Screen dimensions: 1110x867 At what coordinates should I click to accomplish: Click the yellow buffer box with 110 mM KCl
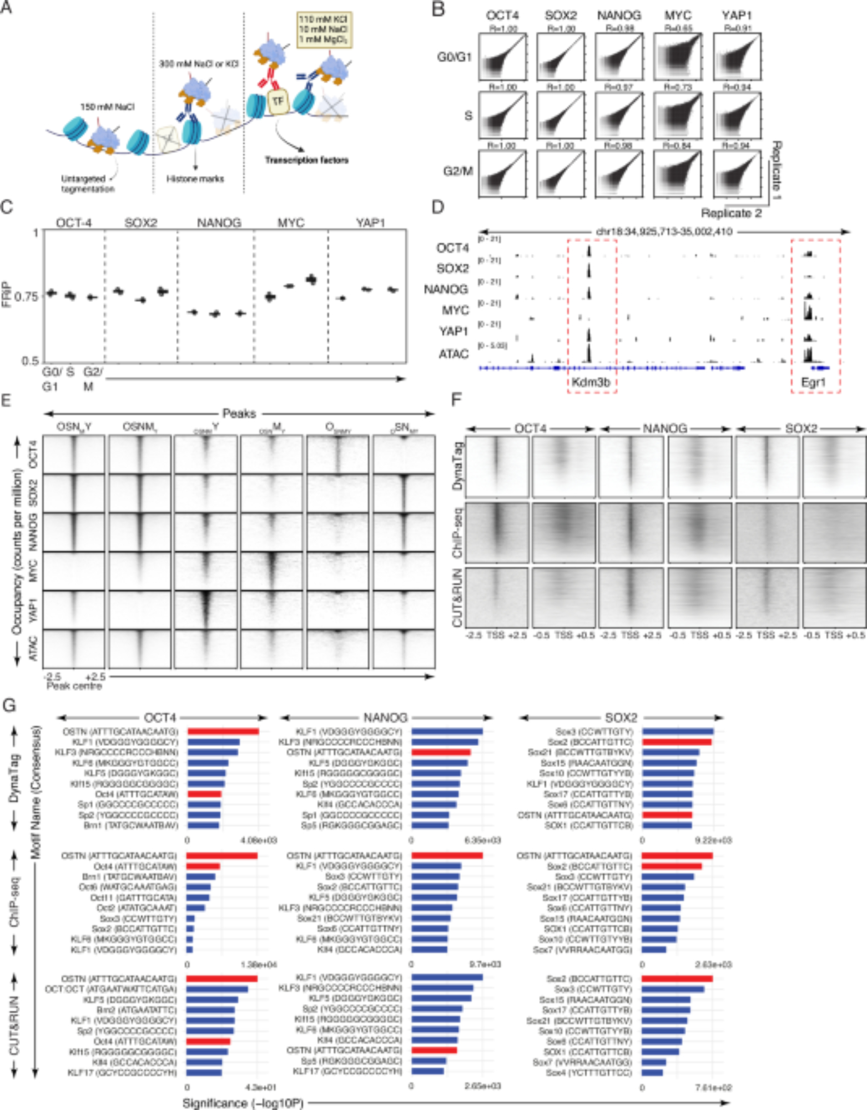coord(325,29)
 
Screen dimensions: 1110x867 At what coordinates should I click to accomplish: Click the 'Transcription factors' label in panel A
coord(306,160)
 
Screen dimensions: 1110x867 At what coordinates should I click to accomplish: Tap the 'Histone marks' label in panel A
coord(195,179)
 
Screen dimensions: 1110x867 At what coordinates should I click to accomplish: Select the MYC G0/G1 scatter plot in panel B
coord(678,57)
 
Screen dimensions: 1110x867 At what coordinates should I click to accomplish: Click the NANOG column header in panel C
coord(219,223)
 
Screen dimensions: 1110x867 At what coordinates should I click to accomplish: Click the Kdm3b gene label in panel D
coord(591,382)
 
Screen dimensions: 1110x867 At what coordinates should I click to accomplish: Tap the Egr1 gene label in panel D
coord(813,382)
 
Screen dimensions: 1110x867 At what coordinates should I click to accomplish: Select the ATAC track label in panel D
coord(453,354)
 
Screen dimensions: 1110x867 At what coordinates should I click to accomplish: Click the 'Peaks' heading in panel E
coord(239,413)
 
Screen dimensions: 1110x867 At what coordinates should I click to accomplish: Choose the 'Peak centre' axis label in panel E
coord(74,686)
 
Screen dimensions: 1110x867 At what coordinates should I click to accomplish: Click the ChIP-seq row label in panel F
coord(457,533)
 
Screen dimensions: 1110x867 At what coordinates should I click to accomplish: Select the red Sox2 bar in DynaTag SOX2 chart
coord(677,742)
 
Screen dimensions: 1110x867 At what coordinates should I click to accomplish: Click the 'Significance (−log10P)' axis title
coord(243,1103)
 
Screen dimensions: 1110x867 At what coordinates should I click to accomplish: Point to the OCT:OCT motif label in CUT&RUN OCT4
coord(111,989)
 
